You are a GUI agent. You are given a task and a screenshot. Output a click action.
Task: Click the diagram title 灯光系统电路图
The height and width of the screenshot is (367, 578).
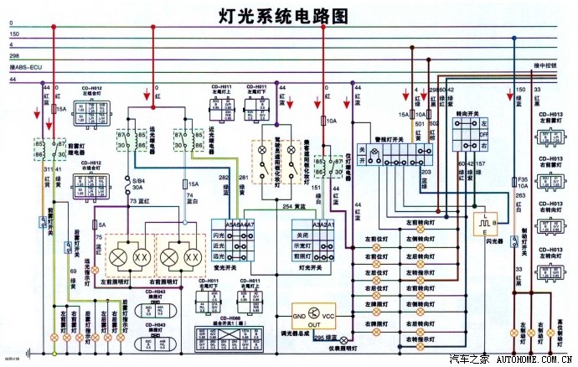coord(281,15)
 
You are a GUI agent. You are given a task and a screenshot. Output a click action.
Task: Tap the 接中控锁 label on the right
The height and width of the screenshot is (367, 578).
coord(547,65)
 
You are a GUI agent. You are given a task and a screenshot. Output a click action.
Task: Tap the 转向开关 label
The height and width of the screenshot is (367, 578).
coord(467,113)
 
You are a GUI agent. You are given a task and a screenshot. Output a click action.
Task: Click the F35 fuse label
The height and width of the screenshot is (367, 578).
coord(522,179)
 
